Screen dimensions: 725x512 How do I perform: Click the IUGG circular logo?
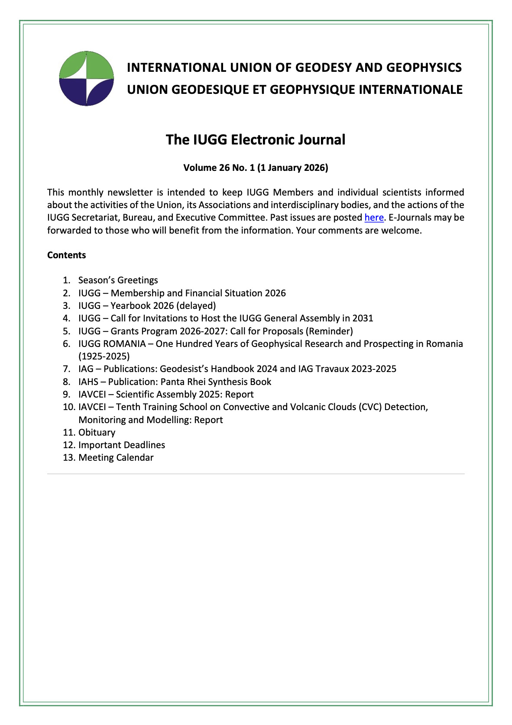coord(86,78)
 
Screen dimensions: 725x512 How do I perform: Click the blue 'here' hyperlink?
coord(374,218)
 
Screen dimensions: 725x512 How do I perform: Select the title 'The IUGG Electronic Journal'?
coord(256,140)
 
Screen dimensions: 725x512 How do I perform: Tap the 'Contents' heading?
coord(66,255)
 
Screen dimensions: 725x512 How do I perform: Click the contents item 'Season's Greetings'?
coord(118,280)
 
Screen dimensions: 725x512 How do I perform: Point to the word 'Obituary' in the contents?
coord(97,433)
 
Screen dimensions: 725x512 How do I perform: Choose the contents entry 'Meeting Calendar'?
coord(116,458)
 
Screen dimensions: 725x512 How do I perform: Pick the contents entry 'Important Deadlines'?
coord(121,445)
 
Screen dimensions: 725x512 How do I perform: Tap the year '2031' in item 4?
coord(363,318)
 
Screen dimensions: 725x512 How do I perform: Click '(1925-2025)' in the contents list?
coord(104,356)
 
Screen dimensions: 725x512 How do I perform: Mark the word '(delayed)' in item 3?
coord(196,306)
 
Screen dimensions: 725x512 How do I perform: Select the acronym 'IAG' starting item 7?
coord(86,369)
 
